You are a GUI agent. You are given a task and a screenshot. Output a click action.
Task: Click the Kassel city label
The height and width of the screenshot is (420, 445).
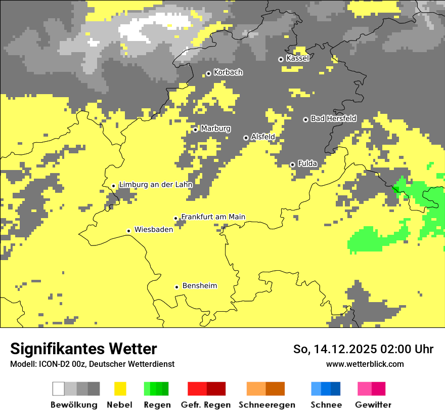[297, 58]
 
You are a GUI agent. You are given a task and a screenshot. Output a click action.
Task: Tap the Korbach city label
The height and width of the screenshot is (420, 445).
[228, 72]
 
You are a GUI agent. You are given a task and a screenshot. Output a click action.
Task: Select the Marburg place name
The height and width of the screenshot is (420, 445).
[215, 129]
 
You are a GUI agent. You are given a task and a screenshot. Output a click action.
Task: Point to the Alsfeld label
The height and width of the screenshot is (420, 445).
[263, 137]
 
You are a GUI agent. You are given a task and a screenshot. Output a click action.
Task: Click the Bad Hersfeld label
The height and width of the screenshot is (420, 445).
[333, 118]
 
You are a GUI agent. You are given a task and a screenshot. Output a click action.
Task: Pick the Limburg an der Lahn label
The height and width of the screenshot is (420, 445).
[156, 185]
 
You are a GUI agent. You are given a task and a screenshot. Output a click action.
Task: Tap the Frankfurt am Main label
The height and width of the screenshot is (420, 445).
[213, 217]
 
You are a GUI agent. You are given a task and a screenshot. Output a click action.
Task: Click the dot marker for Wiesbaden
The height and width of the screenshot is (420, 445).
[129, 231]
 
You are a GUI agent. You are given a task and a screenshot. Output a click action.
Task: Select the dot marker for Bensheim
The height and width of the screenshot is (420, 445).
[176, 287]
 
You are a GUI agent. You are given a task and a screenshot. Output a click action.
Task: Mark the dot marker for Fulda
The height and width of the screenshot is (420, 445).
[292, 164]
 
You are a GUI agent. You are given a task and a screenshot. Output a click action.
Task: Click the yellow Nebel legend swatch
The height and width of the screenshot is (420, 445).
[120, 389]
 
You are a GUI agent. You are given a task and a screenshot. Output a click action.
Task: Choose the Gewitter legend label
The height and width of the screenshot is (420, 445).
[373, 405]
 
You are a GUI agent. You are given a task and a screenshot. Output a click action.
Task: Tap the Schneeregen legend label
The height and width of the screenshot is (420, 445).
[267, 405]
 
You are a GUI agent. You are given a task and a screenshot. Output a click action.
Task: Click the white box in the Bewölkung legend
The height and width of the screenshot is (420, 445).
[59, 389]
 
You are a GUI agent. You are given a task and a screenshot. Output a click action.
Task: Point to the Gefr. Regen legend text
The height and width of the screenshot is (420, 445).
[206, 405]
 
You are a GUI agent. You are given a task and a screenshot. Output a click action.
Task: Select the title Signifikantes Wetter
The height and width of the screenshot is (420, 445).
[83, 349]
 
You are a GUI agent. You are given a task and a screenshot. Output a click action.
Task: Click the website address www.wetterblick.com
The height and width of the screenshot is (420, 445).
[365, 364]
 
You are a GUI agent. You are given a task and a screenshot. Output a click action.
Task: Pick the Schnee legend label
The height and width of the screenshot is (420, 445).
[326, 405]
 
